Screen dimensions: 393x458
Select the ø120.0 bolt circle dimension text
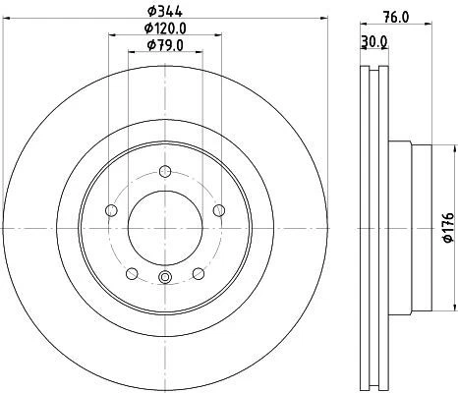pos(163,28)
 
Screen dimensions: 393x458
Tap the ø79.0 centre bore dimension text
pos(163,45)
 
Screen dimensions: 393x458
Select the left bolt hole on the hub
pos(111,210)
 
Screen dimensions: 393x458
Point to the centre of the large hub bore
pos(164,227)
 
